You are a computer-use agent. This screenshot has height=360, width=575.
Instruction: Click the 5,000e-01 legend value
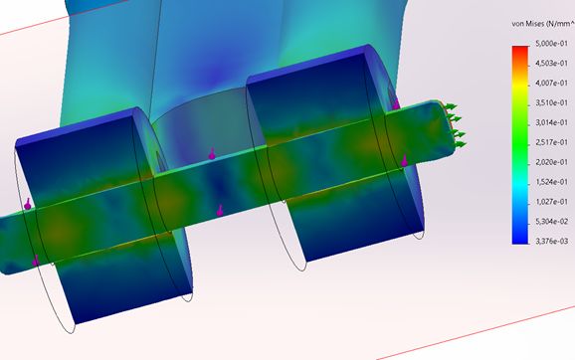(551, 44)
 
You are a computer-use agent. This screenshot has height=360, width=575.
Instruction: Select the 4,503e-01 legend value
(551, 64)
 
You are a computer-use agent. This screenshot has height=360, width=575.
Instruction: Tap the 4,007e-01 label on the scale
(551, 84)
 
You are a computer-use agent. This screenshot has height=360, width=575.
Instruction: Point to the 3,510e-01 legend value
(551, 103)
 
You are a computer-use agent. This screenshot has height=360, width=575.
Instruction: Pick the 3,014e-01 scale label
(551, 122)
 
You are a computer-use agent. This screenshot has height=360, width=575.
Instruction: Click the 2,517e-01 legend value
(551, 142)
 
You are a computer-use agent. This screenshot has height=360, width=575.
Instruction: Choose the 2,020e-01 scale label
(551, 162)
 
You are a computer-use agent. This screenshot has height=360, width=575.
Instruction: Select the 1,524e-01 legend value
(551, 182)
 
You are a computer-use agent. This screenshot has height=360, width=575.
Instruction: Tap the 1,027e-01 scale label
(551, 202)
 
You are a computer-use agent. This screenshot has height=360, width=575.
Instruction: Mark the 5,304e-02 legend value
(551, 222)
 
